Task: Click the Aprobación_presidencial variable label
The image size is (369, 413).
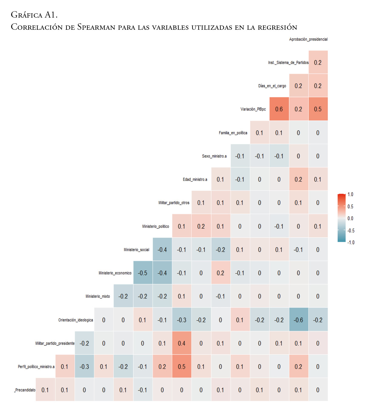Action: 308,39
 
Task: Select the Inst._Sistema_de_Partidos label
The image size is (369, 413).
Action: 288,62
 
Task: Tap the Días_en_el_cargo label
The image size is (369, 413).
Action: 272,86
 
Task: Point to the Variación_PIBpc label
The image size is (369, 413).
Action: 253,109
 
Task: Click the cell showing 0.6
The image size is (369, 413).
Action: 279,109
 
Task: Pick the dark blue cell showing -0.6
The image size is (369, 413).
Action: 298,320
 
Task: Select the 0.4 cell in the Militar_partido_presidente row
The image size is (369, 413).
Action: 182,343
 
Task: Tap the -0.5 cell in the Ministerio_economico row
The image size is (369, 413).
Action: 143,273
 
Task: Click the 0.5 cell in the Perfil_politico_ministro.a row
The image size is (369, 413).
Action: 182,367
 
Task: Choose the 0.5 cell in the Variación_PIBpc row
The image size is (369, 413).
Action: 318,109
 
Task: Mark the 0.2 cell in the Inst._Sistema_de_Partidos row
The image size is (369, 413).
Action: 318,62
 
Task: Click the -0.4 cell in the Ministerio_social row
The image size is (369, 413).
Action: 162,250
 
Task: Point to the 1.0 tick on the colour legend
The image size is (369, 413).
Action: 350,195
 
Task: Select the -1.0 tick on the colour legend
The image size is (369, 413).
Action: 351,242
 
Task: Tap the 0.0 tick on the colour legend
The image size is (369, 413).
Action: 350,218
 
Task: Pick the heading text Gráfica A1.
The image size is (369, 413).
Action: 34,15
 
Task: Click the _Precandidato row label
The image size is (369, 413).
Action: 25,390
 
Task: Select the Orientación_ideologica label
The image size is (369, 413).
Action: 75,320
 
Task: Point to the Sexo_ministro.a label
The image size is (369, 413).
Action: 214,156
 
